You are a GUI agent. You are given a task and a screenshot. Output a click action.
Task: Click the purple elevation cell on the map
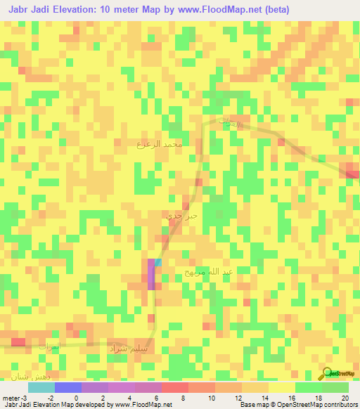(x=151, y=274)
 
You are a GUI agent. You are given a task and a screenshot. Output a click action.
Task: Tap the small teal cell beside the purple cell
(x=158, y=262)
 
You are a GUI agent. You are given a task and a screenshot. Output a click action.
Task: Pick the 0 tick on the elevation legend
(x=77, y=398)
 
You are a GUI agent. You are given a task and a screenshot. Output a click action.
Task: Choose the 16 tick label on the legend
(x=291, y=398)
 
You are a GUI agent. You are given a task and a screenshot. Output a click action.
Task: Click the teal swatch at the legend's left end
(x=41, y=387)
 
